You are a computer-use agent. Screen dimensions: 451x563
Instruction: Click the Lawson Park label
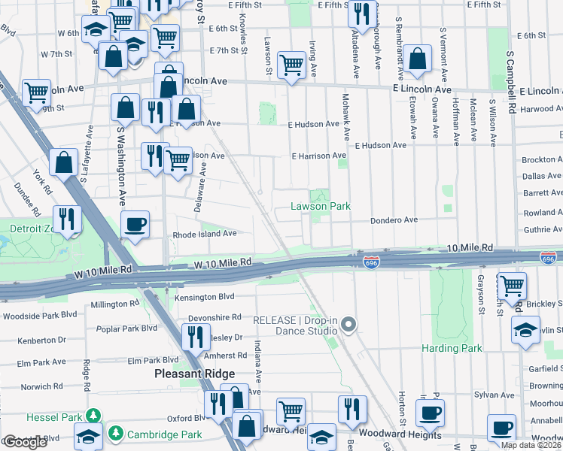pyautogui.click(x=321, y=206)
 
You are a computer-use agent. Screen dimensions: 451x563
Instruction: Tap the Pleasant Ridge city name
pyautogui.click(x=195, y=374)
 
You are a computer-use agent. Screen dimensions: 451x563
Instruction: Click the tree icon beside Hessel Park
pyautogui.click(x=93, y=416)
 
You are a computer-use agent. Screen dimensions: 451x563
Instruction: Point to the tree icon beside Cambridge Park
pyautogui.click(x=116, y=434)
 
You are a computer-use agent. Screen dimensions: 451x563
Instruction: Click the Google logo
pyautogui.click(x=25, y=442)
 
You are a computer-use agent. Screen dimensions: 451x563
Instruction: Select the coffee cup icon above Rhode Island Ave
pyautogui.click(x=135, y=224)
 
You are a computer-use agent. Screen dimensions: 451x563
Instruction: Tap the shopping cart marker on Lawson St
pyautogui.click(x=291, y=65)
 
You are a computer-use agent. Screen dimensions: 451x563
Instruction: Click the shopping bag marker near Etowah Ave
pyautogui.click(x=417, y=59)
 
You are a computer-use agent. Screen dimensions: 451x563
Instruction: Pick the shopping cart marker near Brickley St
pyautogui.click(x=512, y=286)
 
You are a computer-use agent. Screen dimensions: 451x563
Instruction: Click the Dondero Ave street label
pyautogui.click(x=393, y=220)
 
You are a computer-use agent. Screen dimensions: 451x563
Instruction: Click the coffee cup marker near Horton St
pyautogui.click(x=430, y=413)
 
